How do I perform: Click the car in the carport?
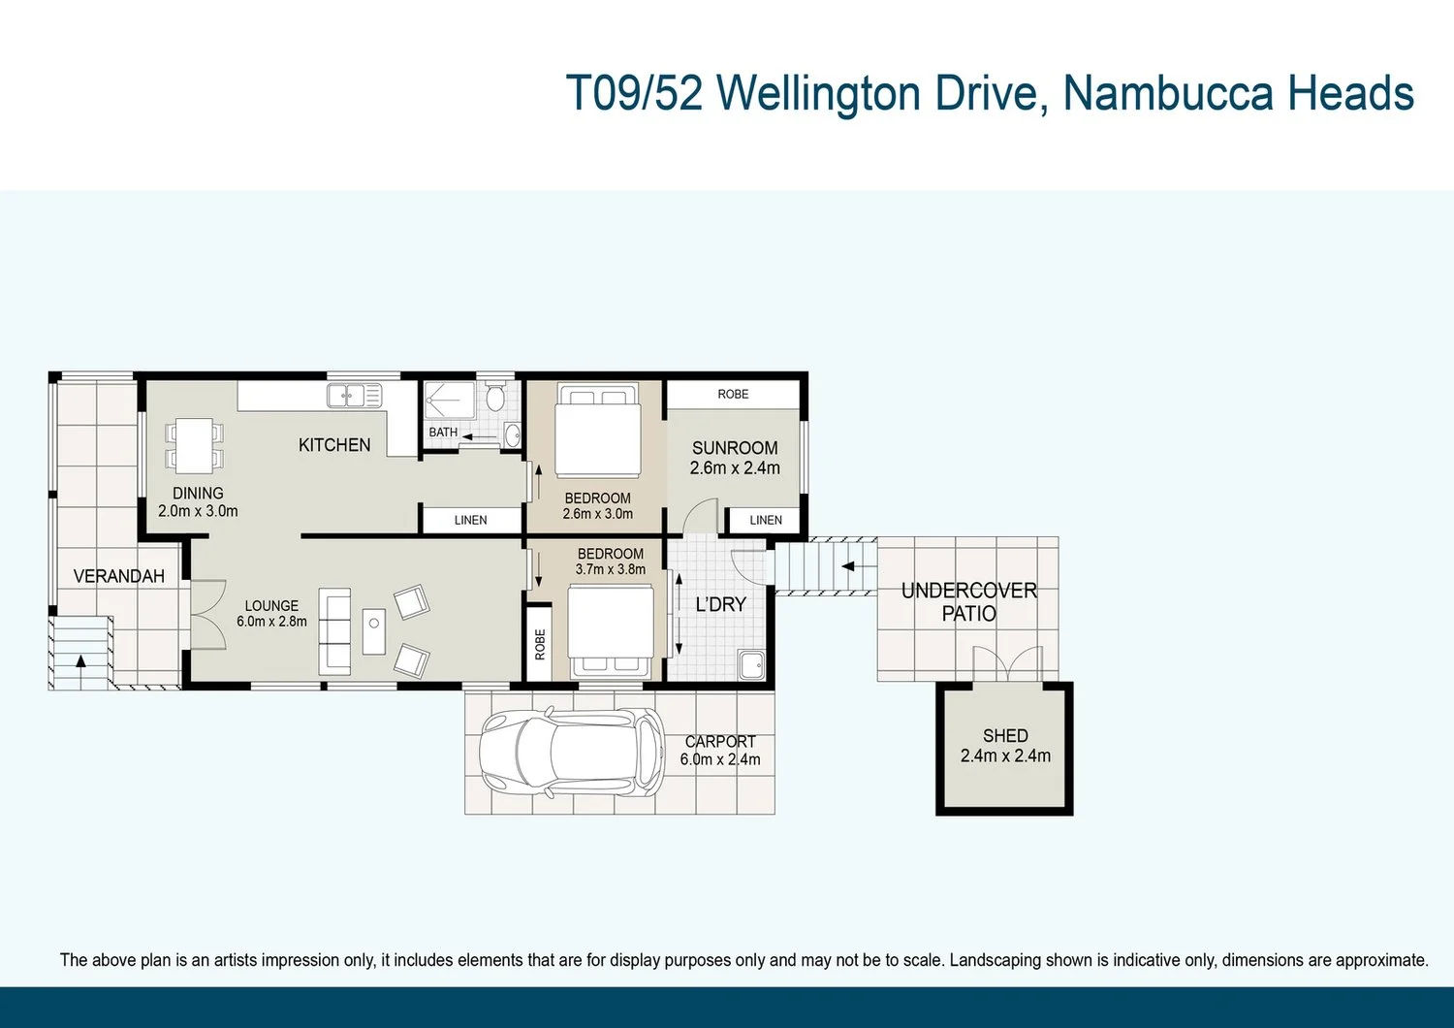click(572, 753)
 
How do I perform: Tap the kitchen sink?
click(354, 396)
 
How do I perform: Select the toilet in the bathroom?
click(494, 395)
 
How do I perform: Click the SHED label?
click(1005, 736)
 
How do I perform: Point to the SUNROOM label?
click(735, 448)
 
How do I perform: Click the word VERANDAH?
click(119, 576)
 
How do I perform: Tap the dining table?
click(194, 445)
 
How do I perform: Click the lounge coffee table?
click(373, 631)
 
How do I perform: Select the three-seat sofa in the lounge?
click(334, 632)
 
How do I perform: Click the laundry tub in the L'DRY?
click(751, 664)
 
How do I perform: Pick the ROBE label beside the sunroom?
click(733, 394)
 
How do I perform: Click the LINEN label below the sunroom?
click(766, 520)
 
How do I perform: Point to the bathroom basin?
click(513, 434)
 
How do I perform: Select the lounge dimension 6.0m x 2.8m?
click(271, 621)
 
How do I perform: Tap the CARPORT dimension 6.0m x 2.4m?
click(720, 759)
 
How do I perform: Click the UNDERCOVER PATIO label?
click(968, 601)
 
